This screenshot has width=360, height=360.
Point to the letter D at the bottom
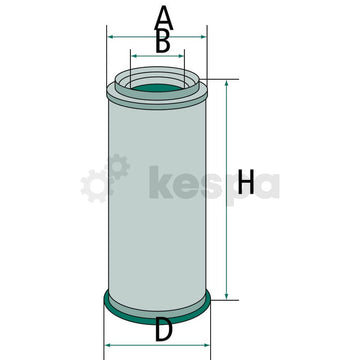coord(161,329)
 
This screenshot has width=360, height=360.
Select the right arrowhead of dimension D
coord(212,345)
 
